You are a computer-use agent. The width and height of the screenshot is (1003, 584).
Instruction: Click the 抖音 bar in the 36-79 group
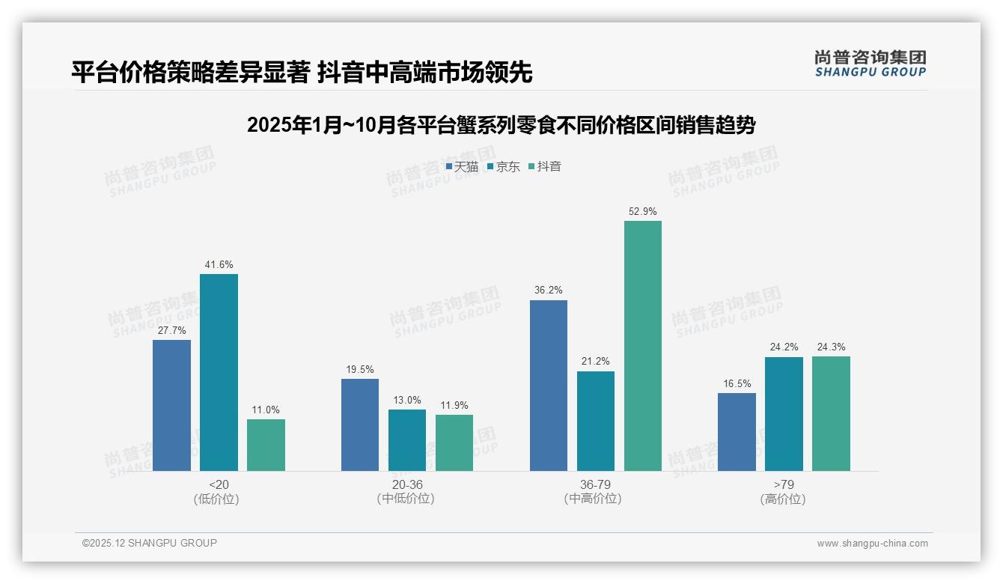(x=643, y=346)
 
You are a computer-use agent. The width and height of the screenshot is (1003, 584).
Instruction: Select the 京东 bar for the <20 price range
(x=219, y=372)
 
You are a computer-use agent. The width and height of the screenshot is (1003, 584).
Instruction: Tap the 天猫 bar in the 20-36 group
(x=360, y=425)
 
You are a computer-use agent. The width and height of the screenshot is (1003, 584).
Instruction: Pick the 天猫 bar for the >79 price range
(x=737, y=432)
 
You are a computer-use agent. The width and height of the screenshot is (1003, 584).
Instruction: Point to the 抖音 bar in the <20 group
(x=266, y=445)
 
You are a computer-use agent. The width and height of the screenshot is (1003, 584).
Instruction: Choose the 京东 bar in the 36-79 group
(x=596, y=421)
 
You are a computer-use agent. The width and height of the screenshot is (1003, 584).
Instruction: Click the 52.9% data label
(x=643, y=212)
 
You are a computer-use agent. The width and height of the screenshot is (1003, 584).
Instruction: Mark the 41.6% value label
(x=219, y=265)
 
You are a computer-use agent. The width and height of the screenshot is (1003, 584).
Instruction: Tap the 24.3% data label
(x=831, y=347)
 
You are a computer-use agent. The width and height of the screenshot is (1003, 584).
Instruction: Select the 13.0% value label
(x=407, y=401)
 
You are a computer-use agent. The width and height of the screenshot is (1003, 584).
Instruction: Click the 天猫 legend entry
(x=462, y=167)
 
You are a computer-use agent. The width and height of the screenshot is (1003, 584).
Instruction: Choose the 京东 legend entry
(x=503, y=167)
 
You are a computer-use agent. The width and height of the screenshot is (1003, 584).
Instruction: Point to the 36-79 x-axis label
(x=595, y=485)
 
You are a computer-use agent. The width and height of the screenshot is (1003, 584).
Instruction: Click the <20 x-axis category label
(x=219, y=485)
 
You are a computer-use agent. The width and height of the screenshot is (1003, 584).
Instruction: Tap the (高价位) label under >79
(x=783, y=499)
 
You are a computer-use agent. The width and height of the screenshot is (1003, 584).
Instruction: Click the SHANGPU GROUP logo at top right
(x=871, y=64)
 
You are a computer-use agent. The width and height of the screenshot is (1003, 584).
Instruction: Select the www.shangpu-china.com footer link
(x=872, y=544)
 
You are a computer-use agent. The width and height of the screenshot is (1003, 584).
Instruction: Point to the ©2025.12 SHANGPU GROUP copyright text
(x=150, y=544)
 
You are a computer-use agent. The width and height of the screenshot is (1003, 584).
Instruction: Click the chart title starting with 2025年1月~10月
(x=501, y=125)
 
